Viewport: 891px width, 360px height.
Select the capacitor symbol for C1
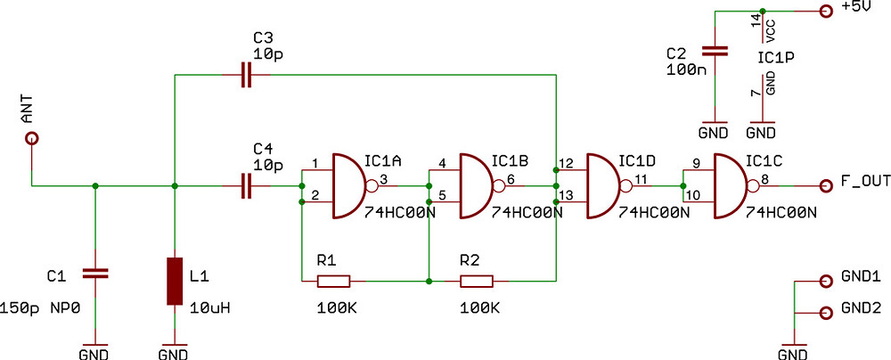94,273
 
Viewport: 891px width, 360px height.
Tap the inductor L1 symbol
176,282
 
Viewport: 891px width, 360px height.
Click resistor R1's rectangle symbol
334,282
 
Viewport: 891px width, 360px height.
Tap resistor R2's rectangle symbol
476,282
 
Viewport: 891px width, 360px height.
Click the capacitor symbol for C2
713,51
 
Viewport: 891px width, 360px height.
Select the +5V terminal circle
824,11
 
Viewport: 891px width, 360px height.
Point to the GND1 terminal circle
824,279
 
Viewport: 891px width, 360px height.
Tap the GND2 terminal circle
824,312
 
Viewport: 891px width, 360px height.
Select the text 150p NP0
39,309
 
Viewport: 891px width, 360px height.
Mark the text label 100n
684,69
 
